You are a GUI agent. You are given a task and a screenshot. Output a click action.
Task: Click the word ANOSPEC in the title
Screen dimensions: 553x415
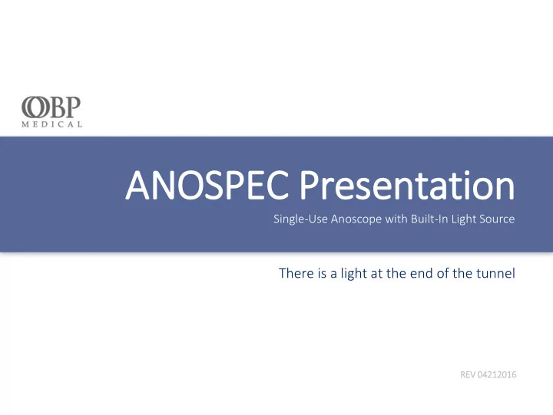tap(207, 186)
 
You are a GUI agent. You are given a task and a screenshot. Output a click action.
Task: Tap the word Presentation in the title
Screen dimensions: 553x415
tap(407, 185)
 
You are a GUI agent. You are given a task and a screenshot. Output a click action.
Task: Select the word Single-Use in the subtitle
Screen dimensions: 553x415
tap(301, 219)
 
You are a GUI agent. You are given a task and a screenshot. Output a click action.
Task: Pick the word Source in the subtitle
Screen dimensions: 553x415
tap(497, 219)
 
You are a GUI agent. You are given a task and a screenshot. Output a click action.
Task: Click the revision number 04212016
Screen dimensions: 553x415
tap(497, 374)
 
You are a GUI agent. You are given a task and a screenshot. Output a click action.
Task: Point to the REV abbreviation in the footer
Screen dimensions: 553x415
tap(468, 374)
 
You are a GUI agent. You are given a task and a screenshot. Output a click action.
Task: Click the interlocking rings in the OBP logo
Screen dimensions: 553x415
tap(35, 107)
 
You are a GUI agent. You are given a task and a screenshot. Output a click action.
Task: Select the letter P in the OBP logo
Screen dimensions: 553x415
tap(74, 107)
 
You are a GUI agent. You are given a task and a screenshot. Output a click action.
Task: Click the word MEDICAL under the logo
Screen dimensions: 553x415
tap(52, 124)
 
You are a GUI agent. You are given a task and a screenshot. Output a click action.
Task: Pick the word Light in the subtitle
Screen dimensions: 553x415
tap(464, 219)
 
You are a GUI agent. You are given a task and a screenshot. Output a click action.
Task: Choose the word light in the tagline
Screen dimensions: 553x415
tap(354, 273)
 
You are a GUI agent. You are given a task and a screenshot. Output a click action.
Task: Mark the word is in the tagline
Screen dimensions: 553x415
tap(322, 273)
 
